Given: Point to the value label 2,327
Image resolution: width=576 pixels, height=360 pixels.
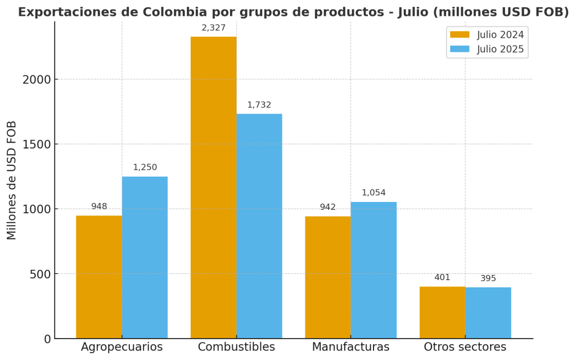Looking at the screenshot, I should point(214,28).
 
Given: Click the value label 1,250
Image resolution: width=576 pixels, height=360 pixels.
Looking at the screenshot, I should point(145,167).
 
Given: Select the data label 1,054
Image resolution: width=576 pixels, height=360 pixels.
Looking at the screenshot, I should point(373,192).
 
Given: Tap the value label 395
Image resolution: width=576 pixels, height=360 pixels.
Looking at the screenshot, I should point(488,278).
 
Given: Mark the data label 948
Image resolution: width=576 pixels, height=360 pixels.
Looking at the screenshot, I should point(99,206).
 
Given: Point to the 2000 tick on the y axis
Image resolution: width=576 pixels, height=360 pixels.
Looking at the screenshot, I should point(37,79).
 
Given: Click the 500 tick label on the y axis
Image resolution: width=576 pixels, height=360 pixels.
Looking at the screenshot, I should point(40,274).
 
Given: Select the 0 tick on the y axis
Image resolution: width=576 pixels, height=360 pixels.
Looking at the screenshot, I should point(47,339).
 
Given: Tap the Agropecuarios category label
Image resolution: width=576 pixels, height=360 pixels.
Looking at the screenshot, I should point(121,347).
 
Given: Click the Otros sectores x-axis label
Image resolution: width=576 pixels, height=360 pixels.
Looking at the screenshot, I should point(465,347).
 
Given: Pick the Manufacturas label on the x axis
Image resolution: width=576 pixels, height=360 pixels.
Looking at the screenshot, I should point(350,347).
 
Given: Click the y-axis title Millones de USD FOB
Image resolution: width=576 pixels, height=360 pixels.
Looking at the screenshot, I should point(12,180).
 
